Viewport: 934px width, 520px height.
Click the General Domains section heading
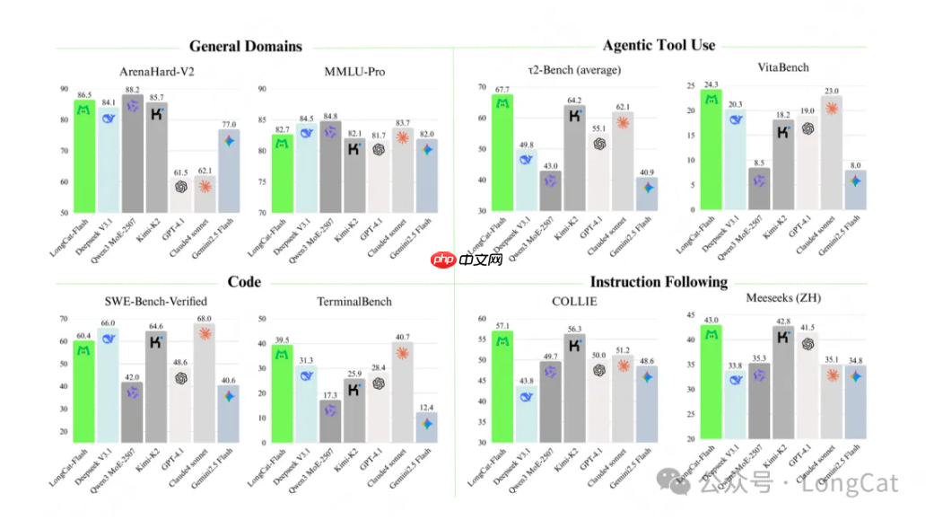tap(245, 47)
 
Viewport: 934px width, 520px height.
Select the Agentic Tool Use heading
tap(659, 46)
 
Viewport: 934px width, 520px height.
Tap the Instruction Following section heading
tap(659, 282)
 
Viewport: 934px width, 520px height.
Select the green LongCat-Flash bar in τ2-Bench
tap(502, 153)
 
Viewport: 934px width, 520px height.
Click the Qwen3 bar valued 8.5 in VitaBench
tap(758, 189)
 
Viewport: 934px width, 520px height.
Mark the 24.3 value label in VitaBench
tap(711, 84)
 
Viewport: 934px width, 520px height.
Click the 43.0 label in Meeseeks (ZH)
tap(711, 320)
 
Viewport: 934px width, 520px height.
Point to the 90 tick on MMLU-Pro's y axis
tap(264, 89)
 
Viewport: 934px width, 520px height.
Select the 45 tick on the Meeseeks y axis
tap(689, 315)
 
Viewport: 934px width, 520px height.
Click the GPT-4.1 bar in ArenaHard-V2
tap(181, 197)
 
